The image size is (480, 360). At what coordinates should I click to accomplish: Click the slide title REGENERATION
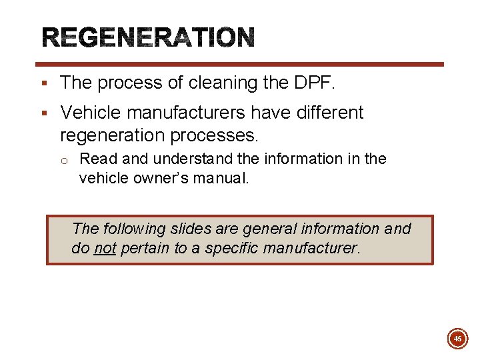149,37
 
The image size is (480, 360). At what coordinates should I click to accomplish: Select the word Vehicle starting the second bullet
88,113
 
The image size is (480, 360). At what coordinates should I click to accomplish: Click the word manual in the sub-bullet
226,178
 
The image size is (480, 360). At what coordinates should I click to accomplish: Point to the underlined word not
105,249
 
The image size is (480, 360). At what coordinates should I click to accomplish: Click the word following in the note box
132,229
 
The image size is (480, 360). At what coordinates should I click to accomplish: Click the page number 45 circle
457,339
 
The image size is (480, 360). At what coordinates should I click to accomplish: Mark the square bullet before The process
43,83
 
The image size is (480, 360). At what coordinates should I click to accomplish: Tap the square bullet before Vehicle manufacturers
43,113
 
